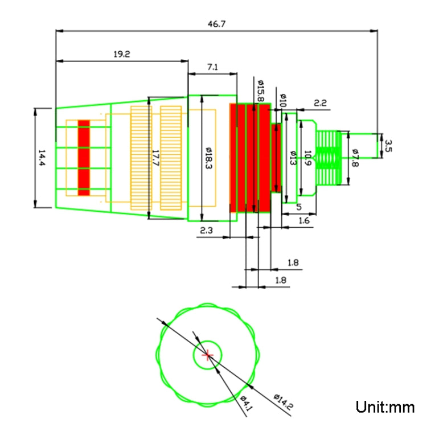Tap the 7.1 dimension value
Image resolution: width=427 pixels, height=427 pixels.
(x=212, y=67)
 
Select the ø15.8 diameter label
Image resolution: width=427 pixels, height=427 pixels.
(x=260, y=90)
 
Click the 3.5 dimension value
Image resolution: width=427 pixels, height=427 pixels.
(x=388, y=145)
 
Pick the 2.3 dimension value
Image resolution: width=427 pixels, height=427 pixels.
(x=206, y=230)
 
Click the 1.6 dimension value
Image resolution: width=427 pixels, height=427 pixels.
(x=304, y=221)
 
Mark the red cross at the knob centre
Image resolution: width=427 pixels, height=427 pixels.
(x=208, y=355)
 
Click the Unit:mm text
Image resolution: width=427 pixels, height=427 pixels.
(x=385, y=407)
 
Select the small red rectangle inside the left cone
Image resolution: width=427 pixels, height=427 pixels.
(x=84, y=158)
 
